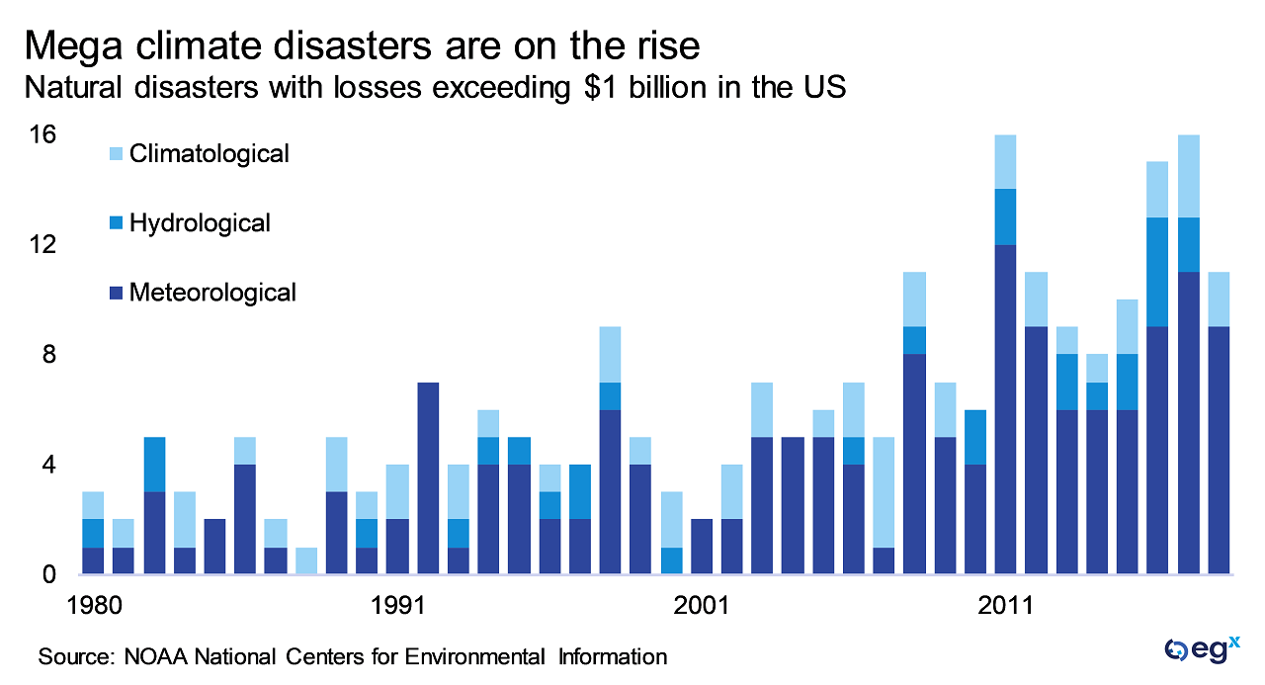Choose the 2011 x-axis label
click(x=1007, y=604)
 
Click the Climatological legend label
click(x=209, y=154)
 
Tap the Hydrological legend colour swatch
click(x=116, y=224)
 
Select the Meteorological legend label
click(x=212, y=293)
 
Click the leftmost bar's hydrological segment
click(x=93, y=533)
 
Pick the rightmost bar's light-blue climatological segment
click(x=1219, y=300)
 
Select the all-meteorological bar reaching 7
click(x=428, y=478)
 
